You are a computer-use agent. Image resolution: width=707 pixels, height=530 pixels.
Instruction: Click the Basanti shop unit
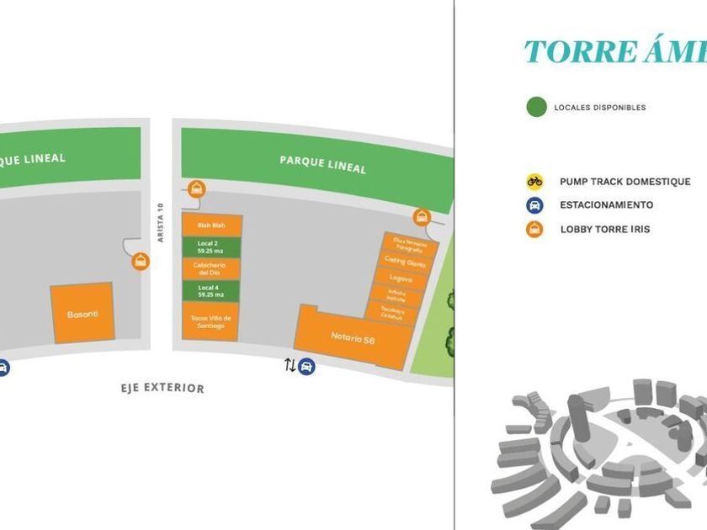(82, 313)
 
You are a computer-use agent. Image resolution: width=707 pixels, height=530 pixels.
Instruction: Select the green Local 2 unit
(210, 246)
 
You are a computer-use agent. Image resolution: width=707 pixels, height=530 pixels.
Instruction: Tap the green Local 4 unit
(210, 291)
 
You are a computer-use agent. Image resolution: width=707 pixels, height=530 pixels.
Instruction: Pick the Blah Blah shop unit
(210, 225)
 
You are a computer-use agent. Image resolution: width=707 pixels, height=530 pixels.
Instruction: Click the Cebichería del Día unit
(210, 269)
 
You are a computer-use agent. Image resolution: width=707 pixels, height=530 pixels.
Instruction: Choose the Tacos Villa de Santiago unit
(210, 321)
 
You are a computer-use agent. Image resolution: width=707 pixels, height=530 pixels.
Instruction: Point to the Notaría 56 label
(352, 337)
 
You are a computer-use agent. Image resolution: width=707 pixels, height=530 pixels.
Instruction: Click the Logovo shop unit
(401, 278)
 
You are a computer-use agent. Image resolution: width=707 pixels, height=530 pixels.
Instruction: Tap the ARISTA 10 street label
(159, 222)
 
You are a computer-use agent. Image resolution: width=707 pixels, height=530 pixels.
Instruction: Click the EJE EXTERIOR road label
(162, 388)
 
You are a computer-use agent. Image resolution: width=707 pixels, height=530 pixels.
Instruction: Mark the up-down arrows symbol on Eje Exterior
(290, 366)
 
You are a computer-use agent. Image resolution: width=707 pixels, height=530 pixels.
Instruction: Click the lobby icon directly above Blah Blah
(196, 189)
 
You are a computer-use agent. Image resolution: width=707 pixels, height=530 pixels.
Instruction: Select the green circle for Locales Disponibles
(536, 107)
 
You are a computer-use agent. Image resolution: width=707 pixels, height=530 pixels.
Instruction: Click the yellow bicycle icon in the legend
(534, 181)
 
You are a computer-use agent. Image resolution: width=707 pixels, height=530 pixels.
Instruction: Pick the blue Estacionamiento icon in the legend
(534, 205)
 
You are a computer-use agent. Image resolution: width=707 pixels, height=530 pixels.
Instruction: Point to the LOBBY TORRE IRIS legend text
(606, 229)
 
